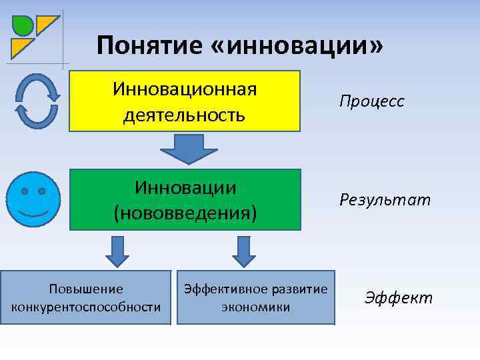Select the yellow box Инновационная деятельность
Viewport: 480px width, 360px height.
click(185, 101)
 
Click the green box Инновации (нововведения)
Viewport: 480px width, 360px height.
click(185, 199)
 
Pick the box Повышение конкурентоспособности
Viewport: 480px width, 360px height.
click(86, 297)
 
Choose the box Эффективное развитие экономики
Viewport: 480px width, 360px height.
click(255, 297)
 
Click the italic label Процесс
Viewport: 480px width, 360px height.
click(371, 102)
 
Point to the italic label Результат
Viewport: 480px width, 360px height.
click(385, 199)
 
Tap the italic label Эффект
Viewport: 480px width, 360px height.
click(398, 297)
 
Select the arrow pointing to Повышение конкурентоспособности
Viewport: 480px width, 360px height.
click(119, 250)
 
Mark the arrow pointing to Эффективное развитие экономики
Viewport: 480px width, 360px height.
click(243, 250)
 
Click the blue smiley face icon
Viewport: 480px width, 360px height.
click(33, 199)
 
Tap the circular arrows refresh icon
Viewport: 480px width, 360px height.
click(36, 101)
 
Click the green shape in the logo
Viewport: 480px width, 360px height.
click(23, 25)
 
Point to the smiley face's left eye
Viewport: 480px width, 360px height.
click(24, 191)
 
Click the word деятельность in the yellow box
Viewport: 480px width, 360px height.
click(185, 115)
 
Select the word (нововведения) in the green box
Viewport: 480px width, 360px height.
click(185, 213)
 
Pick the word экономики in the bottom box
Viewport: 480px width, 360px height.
click(255, 307)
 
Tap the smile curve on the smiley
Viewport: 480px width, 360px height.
click(33, 214)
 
